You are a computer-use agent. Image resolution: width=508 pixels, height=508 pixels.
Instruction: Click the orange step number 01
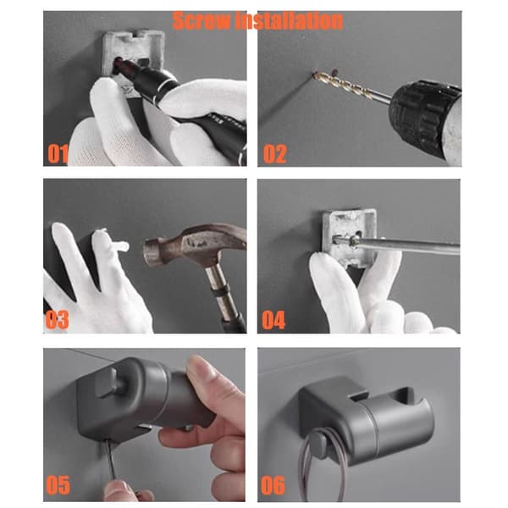tap(58, 153)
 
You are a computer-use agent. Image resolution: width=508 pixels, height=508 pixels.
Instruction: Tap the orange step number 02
tap(274, 153)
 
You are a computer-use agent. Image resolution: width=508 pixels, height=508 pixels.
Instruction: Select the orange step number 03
tap(57, 319)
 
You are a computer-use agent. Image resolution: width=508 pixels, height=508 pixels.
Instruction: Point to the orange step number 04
tap(273, 320)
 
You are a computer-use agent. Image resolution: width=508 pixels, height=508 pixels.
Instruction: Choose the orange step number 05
tap(58, 485)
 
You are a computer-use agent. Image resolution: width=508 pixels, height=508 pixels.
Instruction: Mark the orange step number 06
tap(273, 485)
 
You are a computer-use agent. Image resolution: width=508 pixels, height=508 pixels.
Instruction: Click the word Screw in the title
tap(201, 20)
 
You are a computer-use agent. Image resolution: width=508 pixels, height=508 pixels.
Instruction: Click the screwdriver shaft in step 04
tap(405, 246)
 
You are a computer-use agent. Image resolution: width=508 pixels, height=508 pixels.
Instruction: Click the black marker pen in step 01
tap(181, 107)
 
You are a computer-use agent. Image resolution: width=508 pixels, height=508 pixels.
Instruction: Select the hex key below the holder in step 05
tap(111, 460)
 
